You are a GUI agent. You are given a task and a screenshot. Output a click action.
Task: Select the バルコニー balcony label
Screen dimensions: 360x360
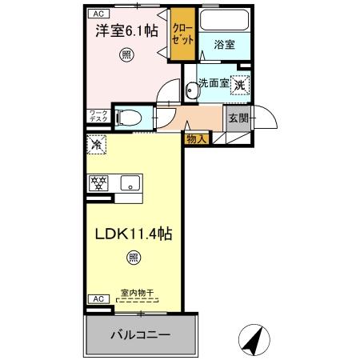[140, 335]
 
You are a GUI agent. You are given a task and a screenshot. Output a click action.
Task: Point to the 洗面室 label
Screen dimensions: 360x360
[214, 83]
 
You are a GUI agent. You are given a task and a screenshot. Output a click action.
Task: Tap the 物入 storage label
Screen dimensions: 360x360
[196, 139]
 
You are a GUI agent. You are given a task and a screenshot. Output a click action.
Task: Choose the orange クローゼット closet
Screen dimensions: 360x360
[182, 34]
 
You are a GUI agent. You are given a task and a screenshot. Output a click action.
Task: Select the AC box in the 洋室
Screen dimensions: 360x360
[98, 14]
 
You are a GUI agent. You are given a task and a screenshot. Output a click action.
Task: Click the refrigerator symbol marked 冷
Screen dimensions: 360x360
[97, 146]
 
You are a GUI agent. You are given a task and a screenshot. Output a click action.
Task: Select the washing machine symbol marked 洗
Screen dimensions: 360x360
[240, 83]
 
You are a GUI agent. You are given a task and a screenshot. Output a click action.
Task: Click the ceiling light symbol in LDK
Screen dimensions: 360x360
[132, 258]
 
